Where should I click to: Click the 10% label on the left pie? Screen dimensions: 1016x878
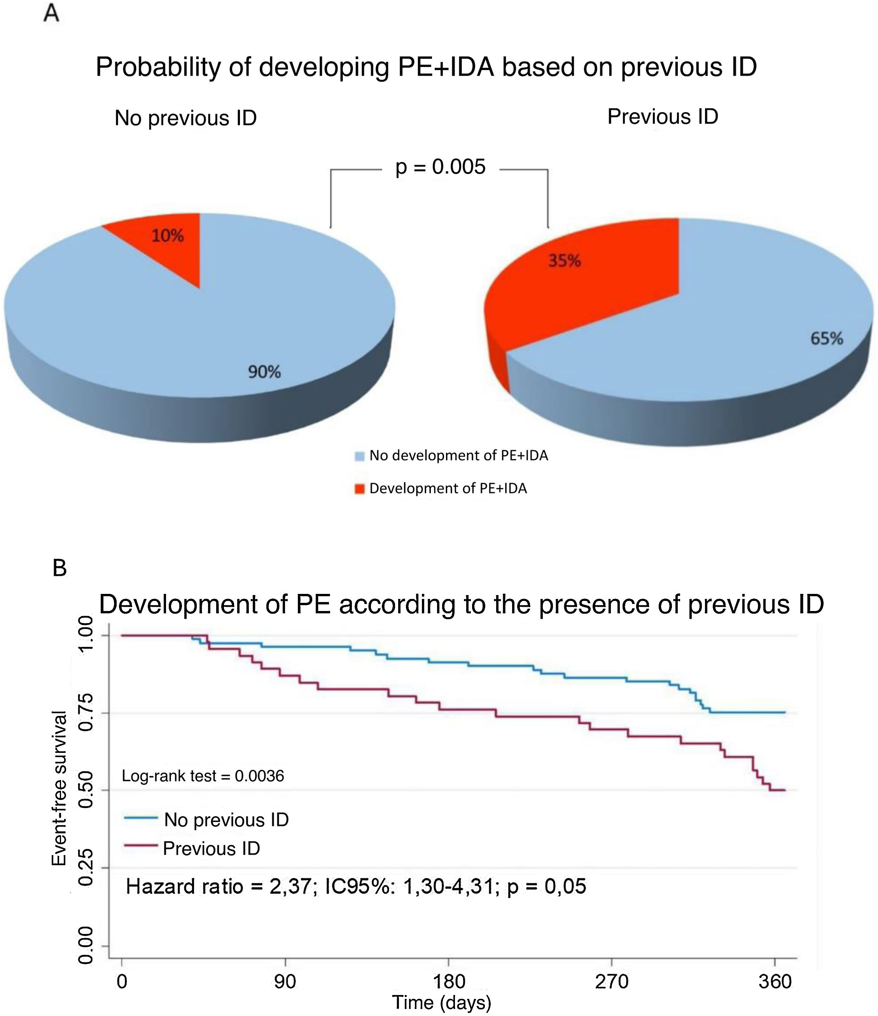click(167, 236)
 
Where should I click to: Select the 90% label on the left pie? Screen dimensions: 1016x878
click(264, 372)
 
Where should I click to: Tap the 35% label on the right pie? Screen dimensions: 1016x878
click(564, 261)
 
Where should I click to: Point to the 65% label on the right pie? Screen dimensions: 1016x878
click(827, 338)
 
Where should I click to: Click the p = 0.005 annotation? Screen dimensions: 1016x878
click(440, 167)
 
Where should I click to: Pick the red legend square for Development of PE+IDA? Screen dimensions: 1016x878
click(360, 489)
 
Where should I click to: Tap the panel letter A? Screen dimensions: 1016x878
click(51, 14)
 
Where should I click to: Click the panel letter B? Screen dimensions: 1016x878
click(59, 568)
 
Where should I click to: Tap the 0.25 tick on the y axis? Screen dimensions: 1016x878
click(86, 868)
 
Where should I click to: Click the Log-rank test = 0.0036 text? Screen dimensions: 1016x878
click(203, 776)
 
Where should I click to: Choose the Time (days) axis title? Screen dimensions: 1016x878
click(441, 1002)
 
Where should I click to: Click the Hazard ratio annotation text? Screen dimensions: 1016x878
click(356, 886)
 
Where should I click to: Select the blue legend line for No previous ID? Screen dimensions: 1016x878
click(141, 817)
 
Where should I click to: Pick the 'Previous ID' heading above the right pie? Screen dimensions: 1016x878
click(663, 117)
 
